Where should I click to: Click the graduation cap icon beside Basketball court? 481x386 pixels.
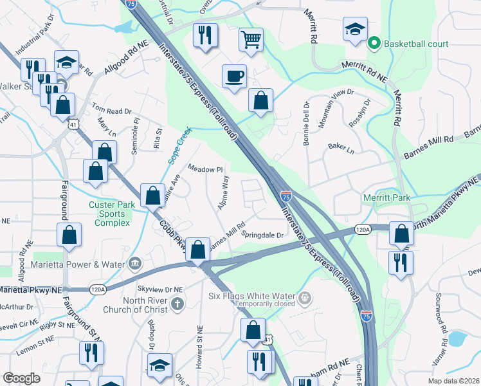(355, 29)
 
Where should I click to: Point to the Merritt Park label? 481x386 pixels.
(386, 198)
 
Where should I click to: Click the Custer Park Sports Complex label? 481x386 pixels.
(110, 214)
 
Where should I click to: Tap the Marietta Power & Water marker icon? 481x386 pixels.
(135, 263)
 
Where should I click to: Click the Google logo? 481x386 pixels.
(22, 378)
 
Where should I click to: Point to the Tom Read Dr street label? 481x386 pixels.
(112, 111)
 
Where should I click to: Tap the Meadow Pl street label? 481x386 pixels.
(204, 169)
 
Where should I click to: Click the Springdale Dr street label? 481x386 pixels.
(262, 235)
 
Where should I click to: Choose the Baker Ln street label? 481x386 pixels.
(341, 148)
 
